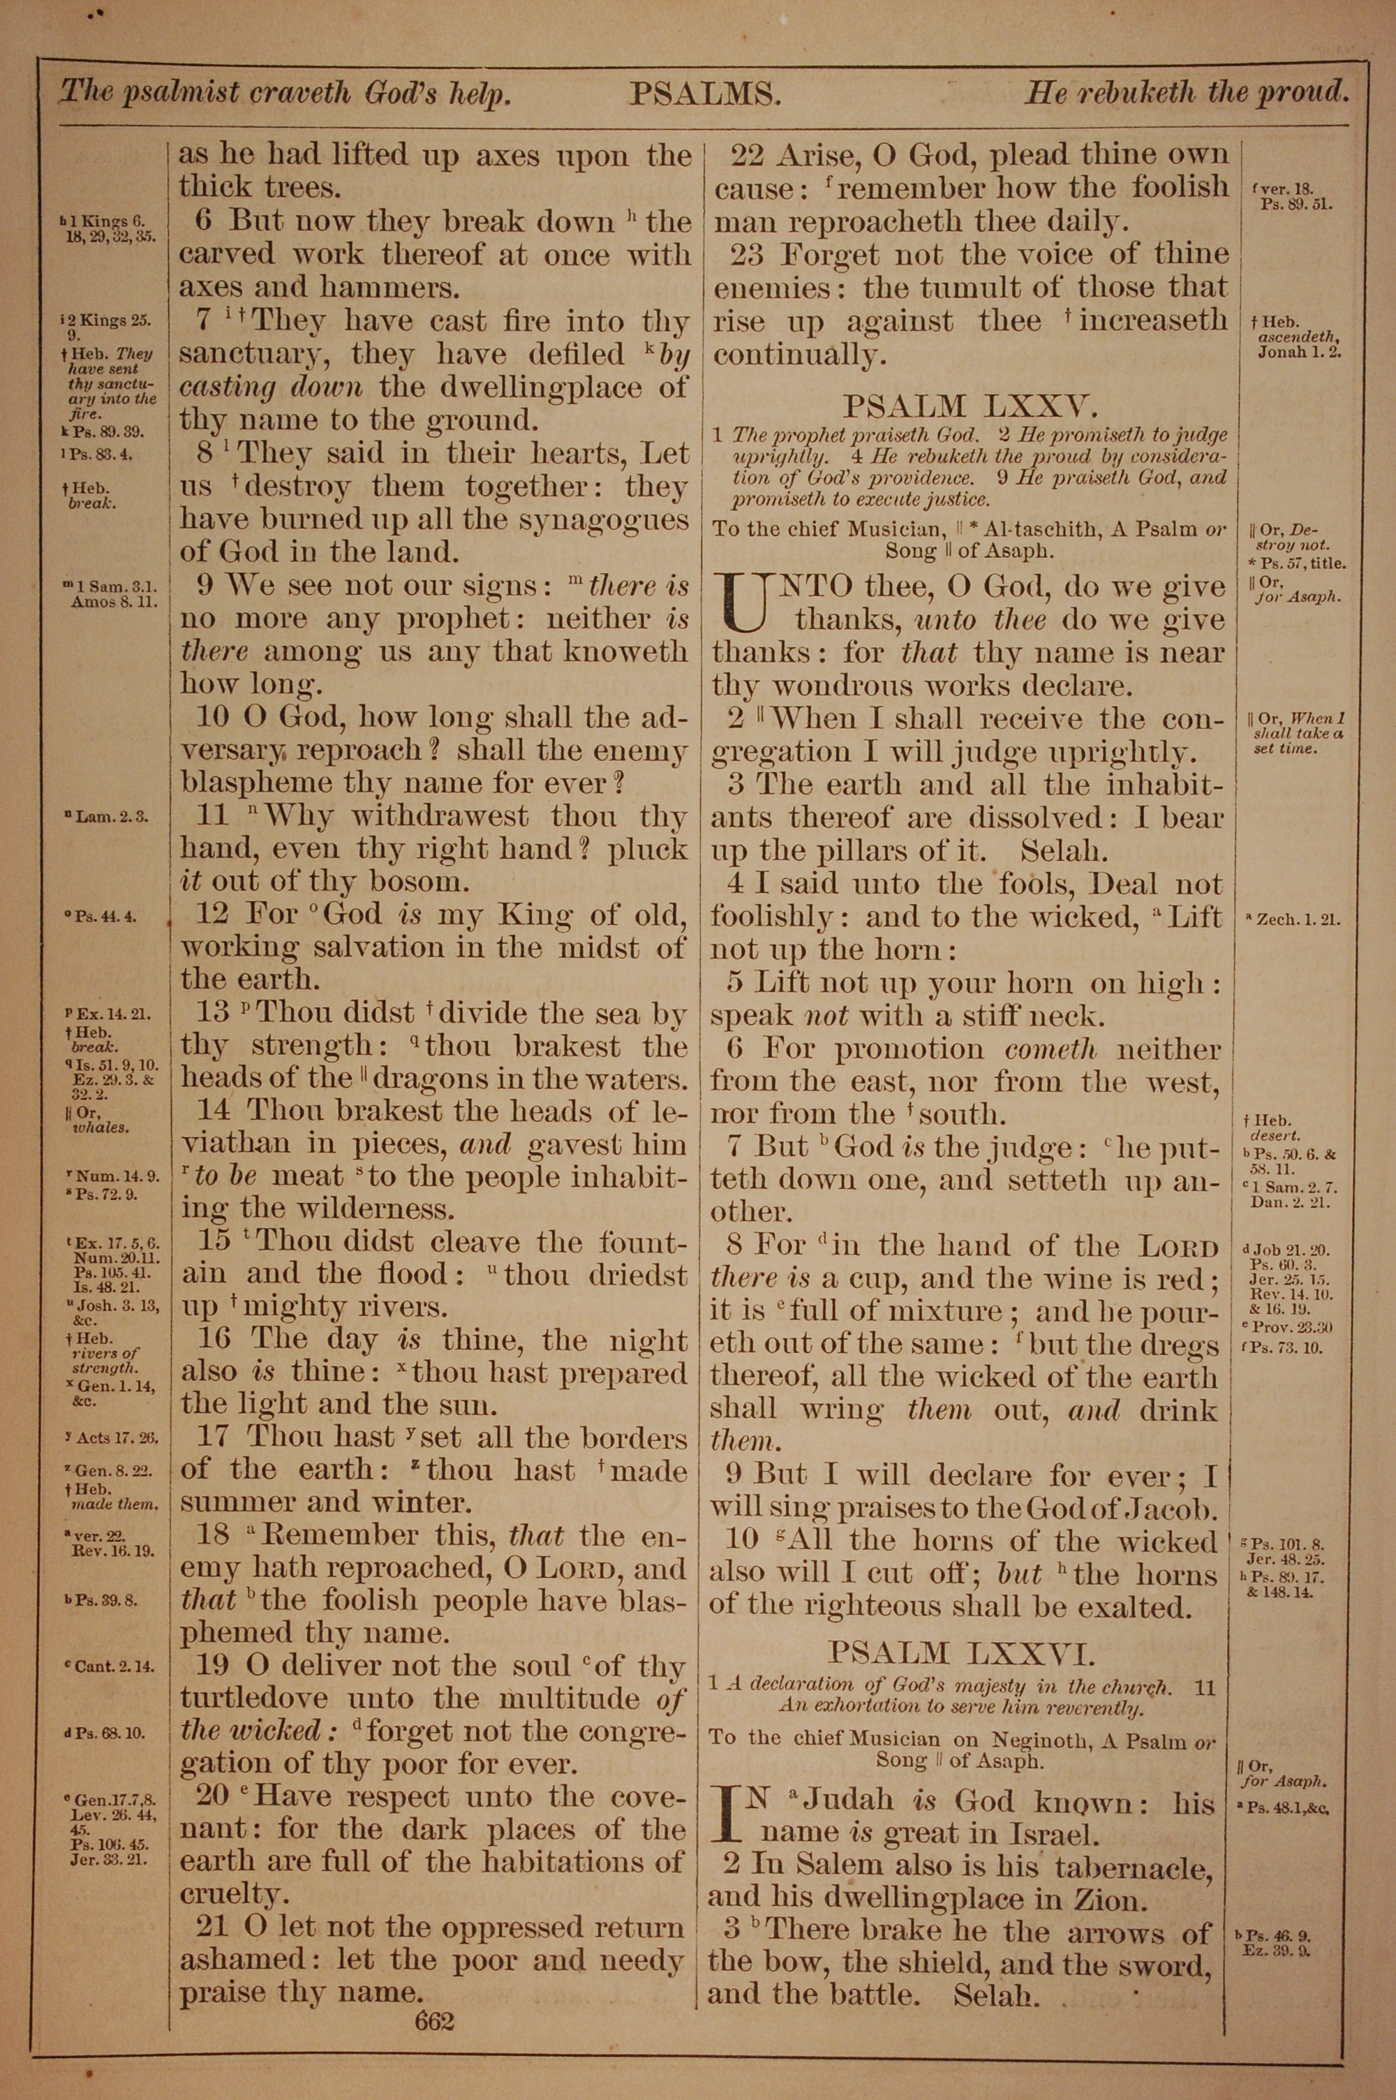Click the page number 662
click(x=434, y=1997)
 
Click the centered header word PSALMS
click(x=705, y=94)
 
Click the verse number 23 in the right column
click(x=747, y=256)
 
